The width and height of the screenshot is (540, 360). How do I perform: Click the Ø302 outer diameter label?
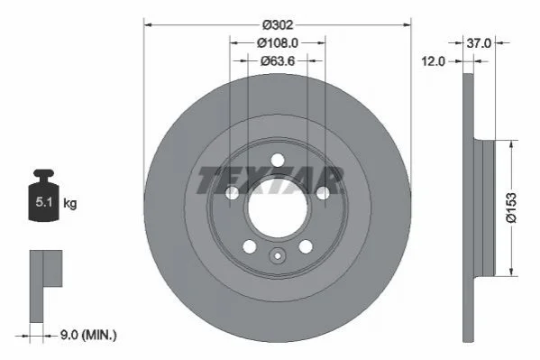278,25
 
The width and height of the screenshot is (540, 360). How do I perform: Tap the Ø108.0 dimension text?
278,43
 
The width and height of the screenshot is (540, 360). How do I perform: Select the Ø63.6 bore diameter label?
278,61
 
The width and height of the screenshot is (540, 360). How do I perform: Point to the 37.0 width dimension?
479,43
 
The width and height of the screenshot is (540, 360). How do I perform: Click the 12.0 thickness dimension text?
434,61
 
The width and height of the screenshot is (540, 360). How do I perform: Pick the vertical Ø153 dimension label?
511,208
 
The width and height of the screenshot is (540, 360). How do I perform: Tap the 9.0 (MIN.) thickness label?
88,335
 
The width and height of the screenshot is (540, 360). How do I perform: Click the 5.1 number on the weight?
44,202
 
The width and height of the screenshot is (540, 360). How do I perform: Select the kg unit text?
70,203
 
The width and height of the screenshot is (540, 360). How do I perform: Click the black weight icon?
44,195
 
